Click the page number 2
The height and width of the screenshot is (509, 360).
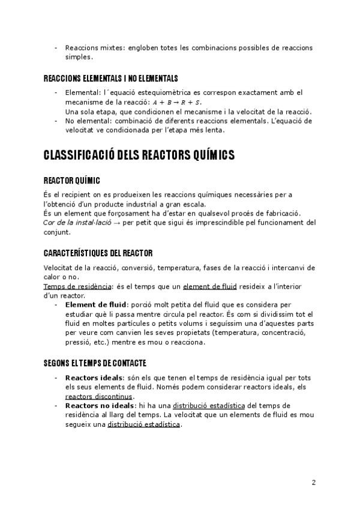pyautogui.click(x=313, y=482)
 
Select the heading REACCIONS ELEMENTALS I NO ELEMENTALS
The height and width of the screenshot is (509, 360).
pyautogui.click(x=111, y=79)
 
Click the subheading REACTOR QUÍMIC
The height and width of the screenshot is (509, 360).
pyautogui.click(x=72, y=181)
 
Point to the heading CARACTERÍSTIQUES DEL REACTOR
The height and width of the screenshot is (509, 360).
pyautogui.click(x=98, y=253)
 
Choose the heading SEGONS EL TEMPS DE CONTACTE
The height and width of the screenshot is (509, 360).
pyautogui.click(x=95, y=363)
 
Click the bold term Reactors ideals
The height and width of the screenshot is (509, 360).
pyautogui.click(x=94, y=378)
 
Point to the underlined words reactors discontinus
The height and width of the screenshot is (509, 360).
pyautogui.click(x=99, y=396)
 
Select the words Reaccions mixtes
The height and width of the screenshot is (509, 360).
pyautogui.click(x=91, y=47)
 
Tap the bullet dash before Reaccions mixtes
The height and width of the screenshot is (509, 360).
pyautogui.click(x=56, y=47)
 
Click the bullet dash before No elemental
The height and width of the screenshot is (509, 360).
pyautogui.click(x=56, y=121)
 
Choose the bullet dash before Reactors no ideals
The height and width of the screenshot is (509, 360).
pyautogui.click(x=56, y=406)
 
